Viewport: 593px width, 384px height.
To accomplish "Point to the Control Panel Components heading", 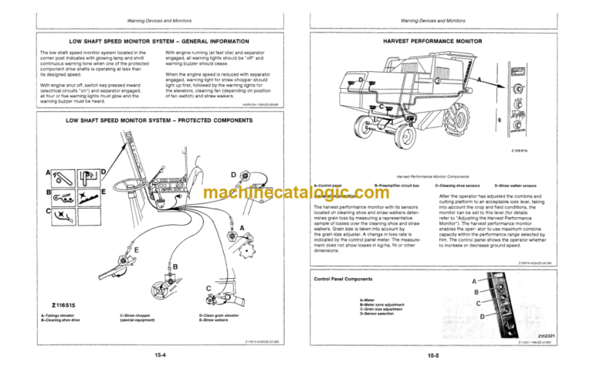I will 348,278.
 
